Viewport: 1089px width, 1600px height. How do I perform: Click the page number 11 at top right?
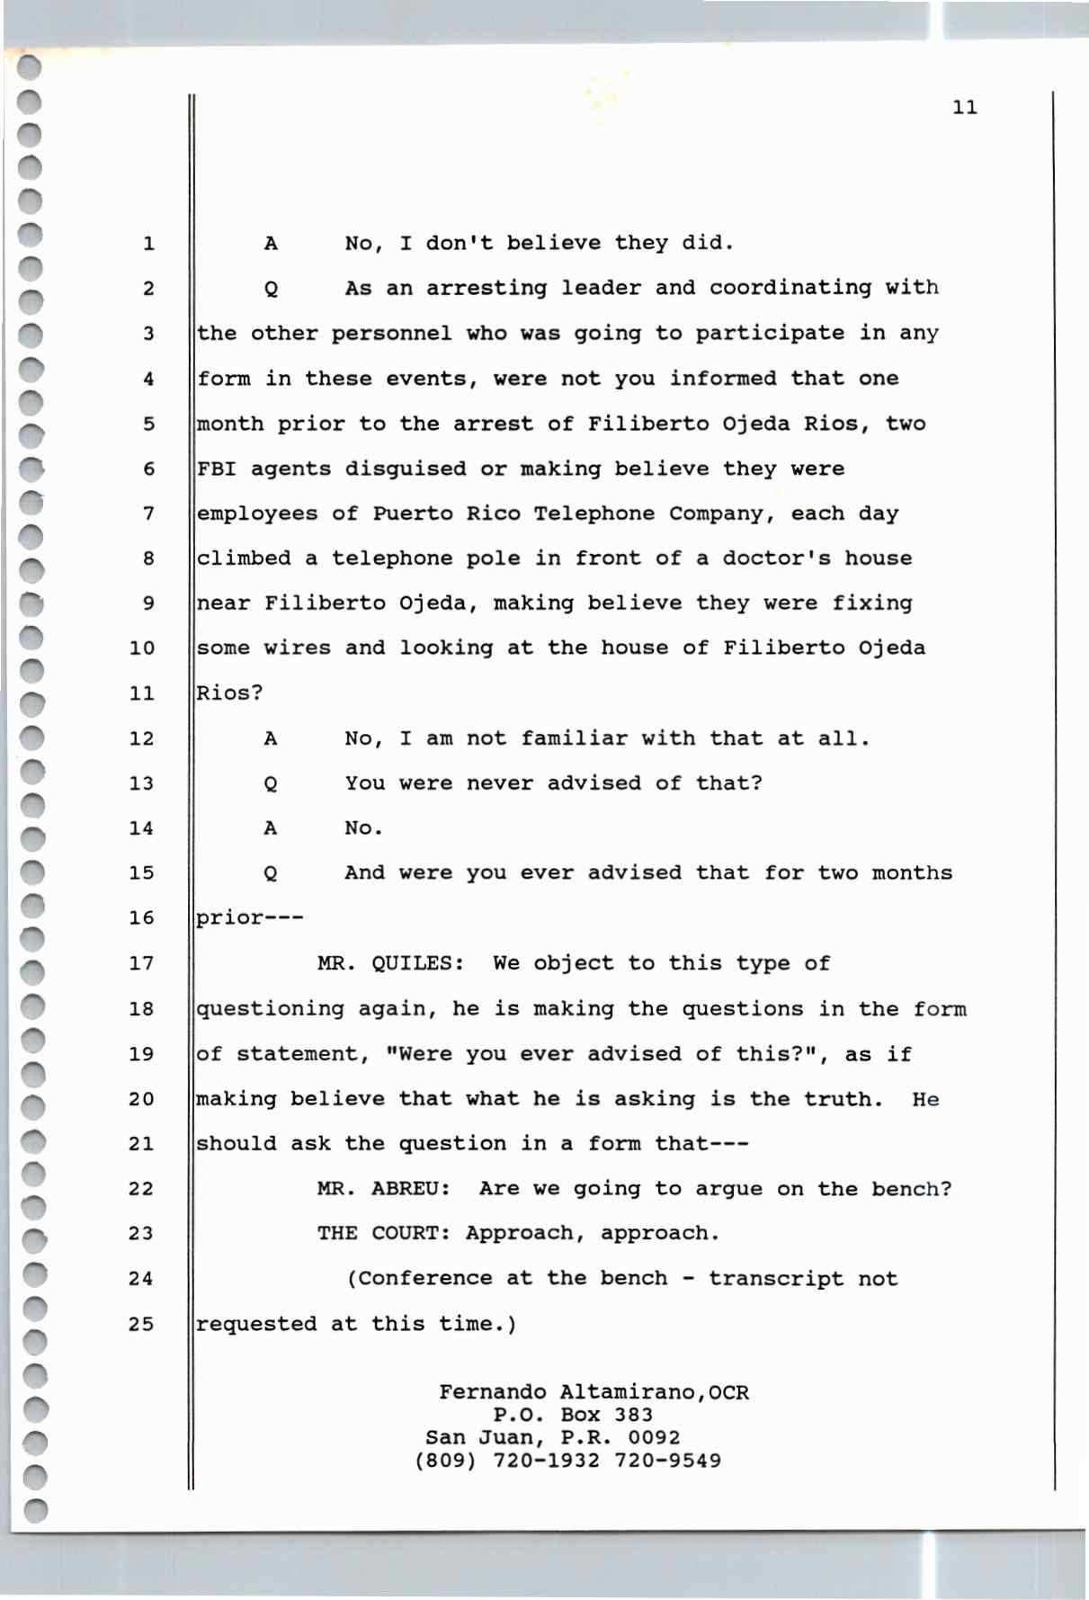point(964,108)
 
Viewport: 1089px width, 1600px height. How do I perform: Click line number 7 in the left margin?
point(148,514)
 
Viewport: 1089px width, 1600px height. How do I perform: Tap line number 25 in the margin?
point(141,1324)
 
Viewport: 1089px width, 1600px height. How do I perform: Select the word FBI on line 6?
point(217,469)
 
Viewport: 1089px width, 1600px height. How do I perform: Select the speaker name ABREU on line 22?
point(410,1189)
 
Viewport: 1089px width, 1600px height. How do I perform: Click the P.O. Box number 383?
point(634,1415)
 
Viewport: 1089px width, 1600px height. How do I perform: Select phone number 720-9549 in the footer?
point(667,1461)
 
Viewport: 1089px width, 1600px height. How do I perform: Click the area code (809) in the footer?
point(445,1461)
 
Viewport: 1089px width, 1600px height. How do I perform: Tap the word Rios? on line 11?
point(229,693)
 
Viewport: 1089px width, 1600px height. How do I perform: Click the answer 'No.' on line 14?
point(363,828)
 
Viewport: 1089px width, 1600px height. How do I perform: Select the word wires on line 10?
point(297,648)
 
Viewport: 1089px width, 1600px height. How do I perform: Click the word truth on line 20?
point(843,1099)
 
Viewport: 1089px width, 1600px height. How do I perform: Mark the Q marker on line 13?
point(270,784)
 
